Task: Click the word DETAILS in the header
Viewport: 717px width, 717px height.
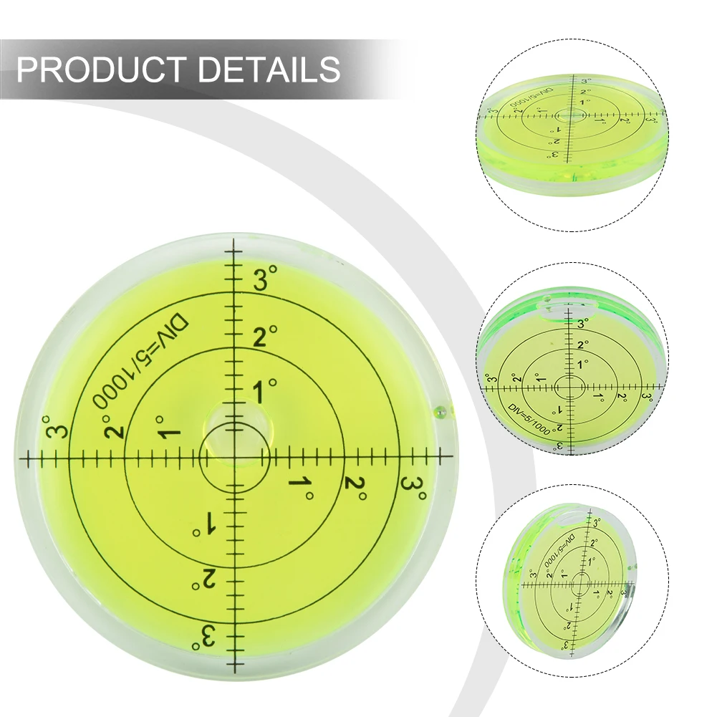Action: [269, 69]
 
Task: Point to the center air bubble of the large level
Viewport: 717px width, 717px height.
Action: [234, 423]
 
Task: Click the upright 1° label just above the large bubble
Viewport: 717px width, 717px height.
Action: [263, 391]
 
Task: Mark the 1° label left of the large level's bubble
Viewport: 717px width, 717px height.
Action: [170, 429]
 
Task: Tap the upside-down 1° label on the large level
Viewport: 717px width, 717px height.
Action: [206, 525]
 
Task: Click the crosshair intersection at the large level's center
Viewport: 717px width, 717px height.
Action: [234, 456]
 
